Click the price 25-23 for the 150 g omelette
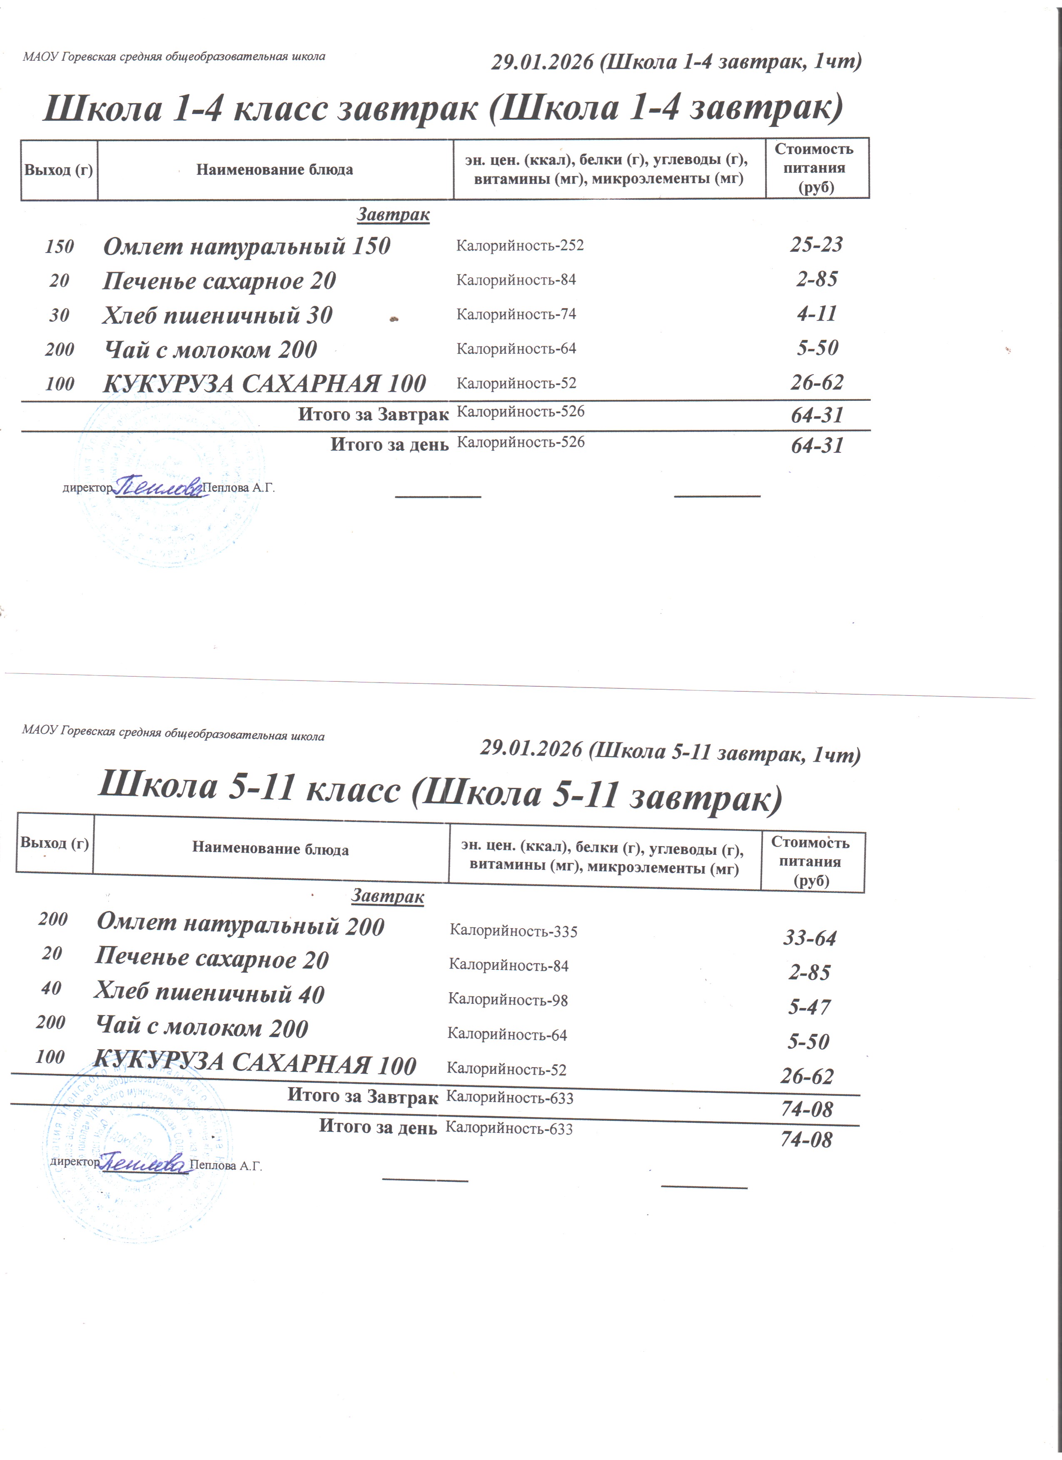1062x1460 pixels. tap(816, 245)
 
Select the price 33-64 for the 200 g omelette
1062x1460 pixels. tap(810, 939)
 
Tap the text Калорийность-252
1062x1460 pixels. tap(520, 245)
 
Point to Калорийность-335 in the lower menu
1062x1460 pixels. tap(513, 931)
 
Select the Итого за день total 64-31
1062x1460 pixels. tap(817, 445)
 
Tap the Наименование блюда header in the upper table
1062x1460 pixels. tap(274, 170)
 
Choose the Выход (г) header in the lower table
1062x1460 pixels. tap(55, 843)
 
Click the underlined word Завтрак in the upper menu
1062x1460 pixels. tap(393, 214)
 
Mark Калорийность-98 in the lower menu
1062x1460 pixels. tap(508, 1000)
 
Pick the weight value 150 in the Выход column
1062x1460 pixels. tap(59, 246)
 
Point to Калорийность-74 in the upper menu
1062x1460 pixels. tap(516, 314)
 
